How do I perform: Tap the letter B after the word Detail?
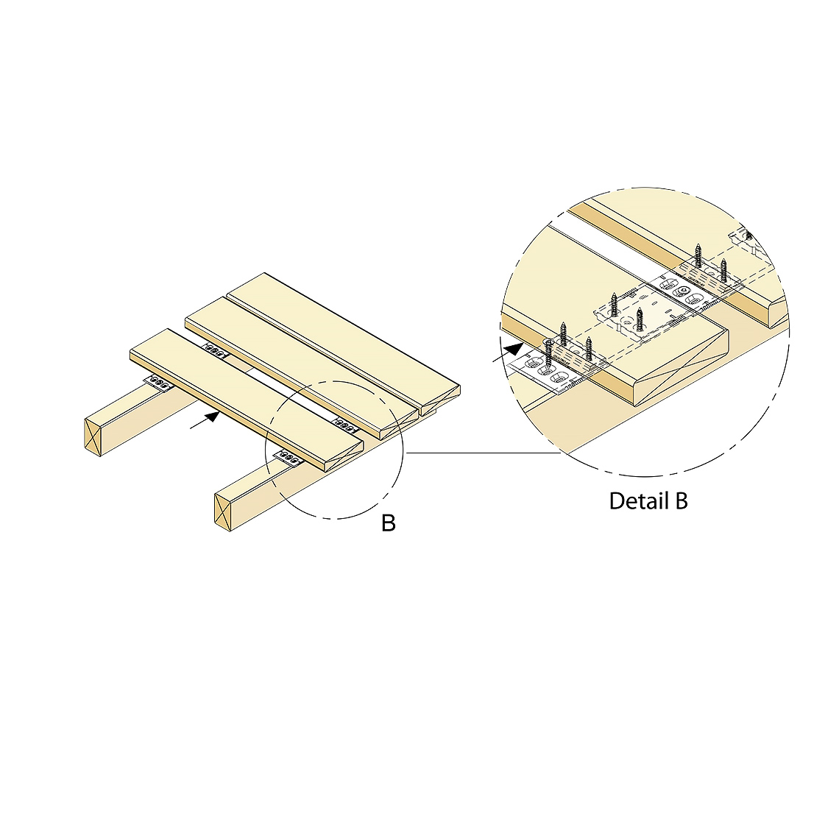pos(682,501)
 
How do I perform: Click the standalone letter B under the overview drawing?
pos(389,523)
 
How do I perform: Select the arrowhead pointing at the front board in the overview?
pos(213,416)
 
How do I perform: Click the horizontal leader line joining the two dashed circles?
pos(484,453)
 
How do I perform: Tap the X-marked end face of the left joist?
pos(93,437)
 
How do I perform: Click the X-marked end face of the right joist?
pos(222,512)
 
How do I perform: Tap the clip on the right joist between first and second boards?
pos(346,425)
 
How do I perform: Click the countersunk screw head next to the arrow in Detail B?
pos(548,342)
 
